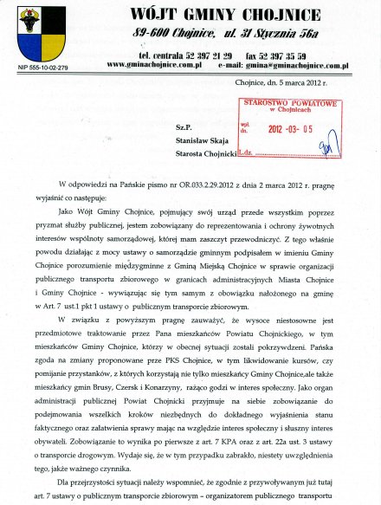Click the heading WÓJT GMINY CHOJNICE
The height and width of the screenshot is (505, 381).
click(227, 14)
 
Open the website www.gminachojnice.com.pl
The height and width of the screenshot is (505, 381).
click(154, 64)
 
